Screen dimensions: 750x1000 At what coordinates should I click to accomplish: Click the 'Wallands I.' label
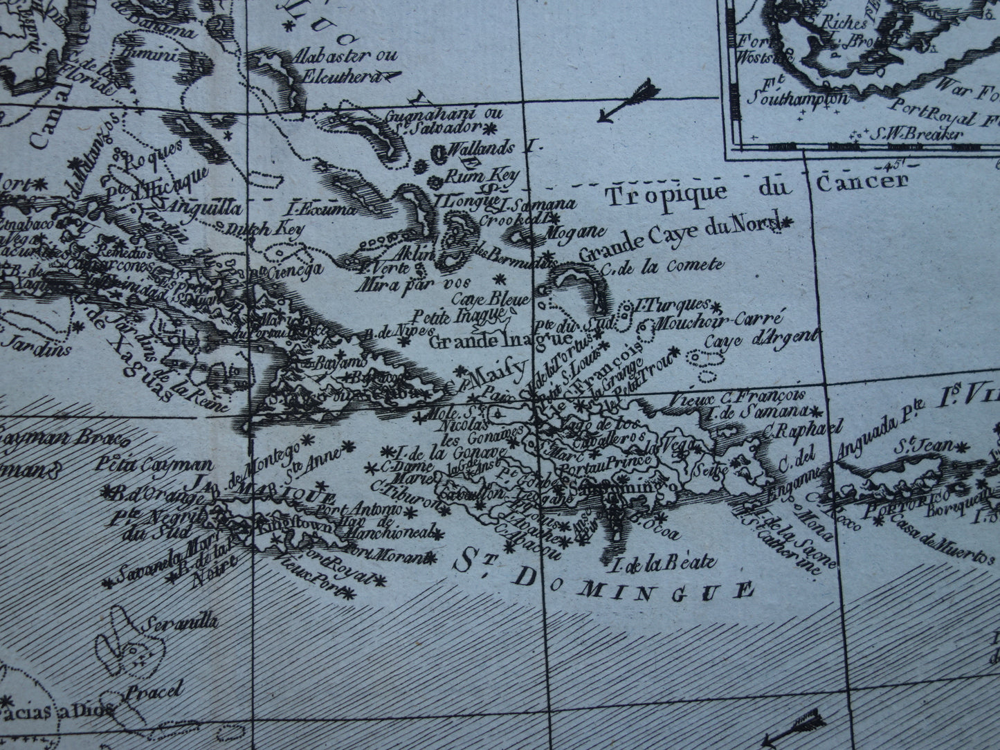[487, 148]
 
